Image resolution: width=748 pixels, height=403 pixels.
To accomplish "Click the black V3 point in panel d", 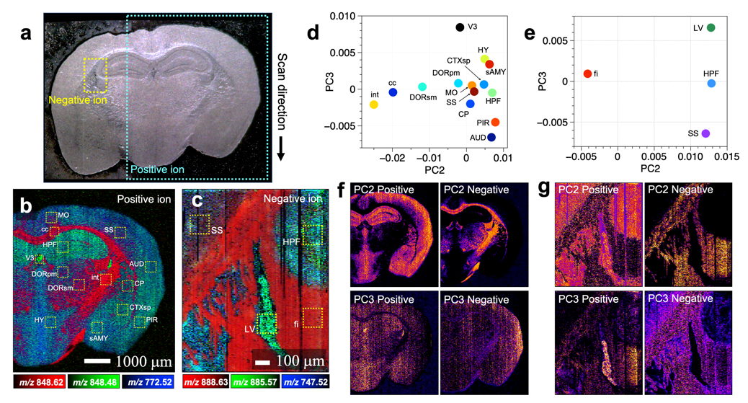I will pyautogui.click(x=460, y=27).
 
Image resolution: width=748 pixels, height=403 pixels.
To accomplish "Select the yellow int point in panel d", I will pyautogui.click(x=374, y=105).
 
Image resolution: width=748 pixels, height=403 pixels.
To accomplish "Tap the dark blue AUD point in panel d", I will pyautogui.click(x=491, y=137).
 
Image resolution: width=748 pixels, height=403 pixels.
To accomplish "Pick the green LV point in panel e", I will pyautogui.click(x=711, y=28).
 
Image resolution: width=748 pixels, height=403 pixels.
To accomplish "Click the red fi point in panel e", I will pyautogui.click(x=587, y=74).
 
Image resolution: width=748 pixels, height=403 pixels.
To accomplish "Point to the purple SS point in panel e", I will pyautogui.click(x=705, y=133).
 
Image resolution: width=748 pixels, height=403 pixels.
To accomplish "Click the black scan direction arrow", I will pyautogui.click(x=282, y=148).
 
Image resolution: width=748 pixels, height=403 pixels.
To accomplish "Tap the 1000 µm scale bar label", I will pyautogui.click(x=124, y=358).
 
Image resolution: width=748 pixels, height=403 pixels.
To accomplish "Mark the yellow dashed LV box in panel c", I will pyautogui.click(x=267, y=323).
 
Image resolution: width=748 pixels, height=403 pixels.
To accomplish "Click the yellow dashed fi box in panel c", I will pyautogui.click(x=312, y=318).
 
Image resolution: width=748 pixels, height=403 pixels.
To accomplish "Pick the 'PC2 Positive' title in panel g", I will pyautogui.click(x=589, y=190).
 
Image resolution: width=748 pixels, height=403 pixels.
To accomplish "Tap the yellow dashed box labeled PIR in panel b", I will pyautogui.click(x=140, y=322).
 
